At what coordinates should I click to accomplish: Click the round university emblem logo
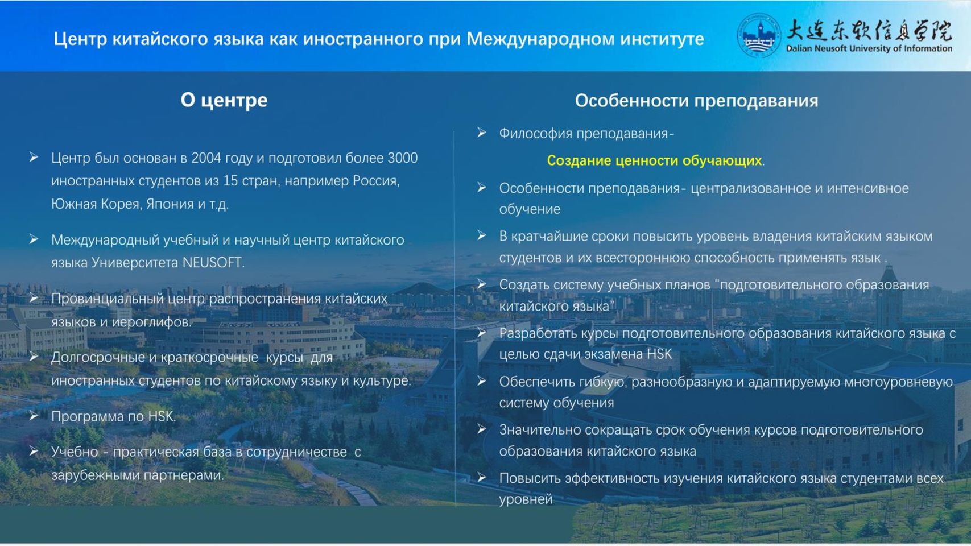tap(759, 35)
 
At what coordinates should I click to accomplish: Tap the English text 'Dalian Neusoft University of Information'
tap(869, 48)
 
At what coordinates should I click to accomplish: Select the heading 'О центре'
tap(224, 100)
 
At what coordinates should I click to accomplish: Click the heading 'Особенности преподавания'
tap(697, 101)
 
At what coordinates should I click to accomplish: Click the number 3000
tap(403, 158)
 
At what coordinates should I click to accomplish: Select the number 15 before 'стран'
tap(230, 181)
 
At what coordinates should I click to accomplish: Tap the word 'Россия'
tap(376, 181)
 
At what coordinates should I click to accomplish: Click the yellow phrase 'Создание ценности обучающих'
tap(654, 160)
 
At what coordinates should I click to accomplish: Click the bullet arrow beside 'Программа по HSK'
tap(34, 416)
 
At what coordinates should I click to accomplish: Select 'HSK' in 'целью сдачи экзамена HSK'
tap(659, 354)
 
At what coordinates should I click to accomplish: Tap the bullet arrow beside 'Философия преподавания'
tap(482, 132)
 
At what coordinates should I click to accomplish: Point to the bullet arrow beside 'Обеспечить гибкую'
tap(482, 381)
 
